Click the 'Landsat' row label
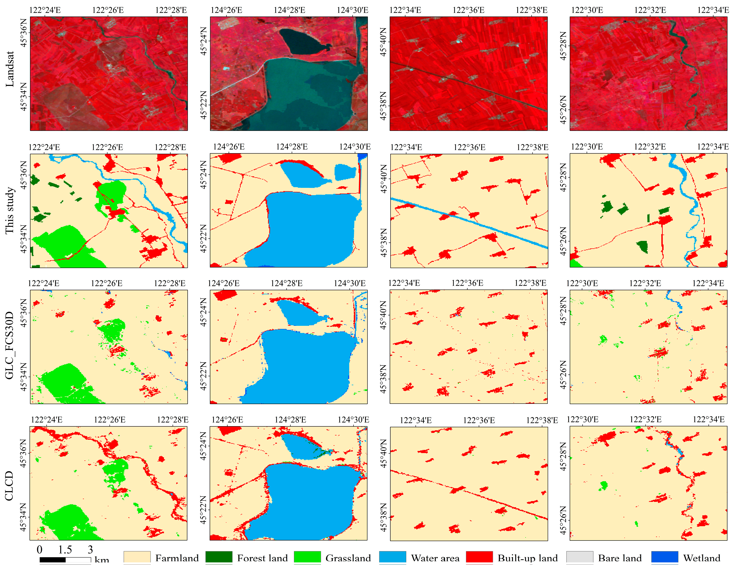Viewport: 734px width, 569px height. (10, 69)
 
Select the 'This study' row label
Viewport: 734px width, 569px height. (10, 210)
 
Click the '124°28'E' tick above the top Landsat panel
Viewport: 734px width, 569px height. (289, 10)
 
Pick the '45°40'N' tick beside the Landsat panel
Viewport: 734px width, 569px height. (384, 42)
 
